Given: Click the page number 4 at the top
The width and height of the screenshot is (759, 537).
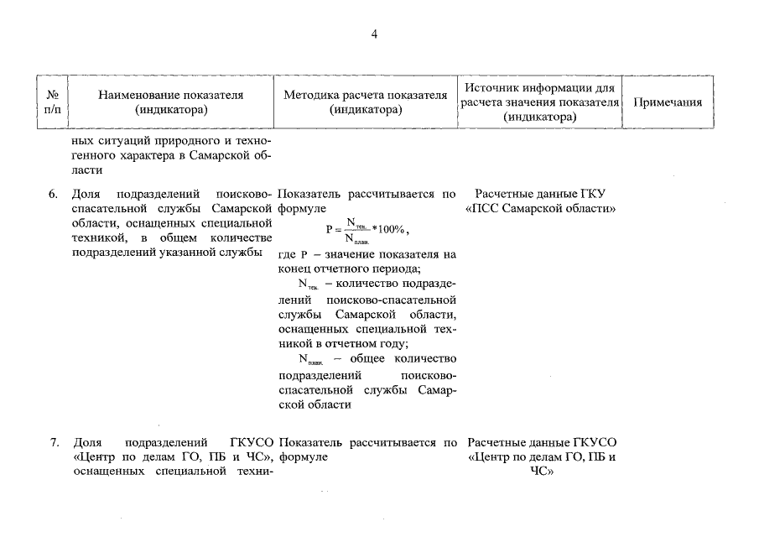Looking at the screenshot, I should tap(375, 34).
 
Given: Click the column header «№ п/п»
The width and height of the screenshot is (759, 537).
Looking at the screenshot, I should tap(52, 102).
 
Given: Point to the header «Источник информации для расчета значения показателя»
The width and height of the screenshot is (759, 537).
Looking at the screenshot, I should tap(540, 102).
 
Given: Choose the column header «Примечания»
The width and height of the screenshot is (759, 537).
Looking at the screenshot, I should tap(667, 102).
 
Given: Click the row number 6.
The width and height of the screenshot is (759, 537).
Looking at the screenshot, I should tap(52, 195).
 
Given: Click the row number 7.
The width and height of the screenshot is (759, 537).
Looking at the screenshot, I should tap(52, 441).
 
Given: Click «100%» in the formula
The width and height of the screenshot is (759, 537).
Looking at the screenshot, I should tap(392, 228).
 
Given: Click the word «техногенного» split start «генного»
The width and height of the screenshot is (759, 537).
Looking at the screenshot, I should tap(96, 156).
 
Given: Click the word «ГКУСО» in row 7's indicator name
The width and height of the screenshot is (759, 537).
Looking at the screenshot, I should tap(251, 441).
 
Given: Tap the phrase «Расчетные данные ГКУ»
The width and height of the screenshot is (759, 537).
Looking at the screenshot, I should tap(539, 195).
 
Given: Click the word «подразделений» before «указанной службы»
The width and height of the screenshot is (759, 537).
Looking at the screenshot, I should tap(108, 253).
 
